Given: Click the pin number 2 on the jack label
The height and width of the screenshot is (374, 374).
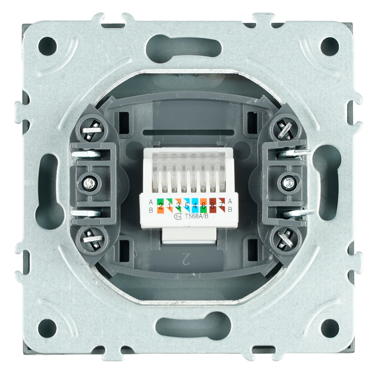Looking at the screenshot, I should point(161,205).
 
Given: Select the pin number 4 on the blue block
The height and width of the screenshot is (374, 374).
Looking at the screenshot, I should point(195,205).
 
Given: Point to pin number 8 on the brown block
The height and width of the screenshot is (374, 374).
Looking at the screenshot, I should point(213,205).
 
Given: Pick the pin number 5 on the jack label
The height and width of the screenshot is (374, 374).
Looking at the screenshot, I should point(187,205).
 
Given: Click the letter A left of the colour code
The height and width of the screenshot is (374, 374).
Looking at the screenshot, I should point(151,202).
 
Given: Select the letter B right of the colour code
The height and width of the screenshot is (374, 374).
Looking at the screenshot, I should point(230,210).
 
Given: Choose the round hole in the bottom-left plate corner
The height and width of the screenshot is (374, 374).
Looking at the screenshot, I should point(47,328).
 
